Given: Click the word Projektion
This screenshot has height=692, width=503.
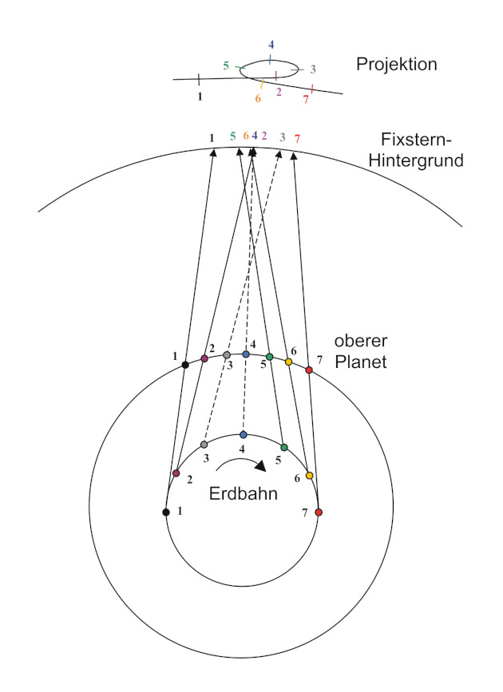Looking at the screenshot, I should point(397,64).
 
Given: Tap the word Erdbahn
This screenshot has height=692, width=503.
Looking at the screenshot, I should point(244,493).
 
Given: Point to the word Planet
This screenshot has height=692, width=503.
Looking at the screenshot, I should point(361,362).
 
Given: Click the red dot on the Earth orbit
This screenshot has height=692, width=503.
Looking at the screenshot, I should point(318,512).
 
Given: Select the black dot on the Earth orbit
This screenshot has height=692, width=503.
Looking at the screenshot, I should point(166,512).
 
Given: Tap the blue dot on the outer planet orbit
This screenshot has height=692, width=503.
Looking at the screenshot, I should point(246,354).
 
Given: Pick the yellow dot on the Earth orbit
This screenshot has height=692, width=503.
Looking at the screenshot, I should point(309,476).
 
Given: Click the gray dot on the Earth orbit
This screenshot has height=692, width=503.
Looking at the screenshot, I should point(204,444).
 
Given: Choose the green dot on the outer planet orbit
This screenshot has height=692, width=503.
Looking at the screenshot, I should point(270,356).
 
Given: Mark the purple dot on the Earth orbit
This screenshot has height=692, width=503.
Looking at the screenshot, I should point(176,473).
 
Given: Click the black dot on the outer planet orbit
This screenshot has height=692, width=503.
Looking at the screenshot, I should point(185,365).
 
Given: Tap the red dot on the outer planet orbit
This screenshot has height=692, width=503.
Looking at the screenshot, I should point(309,370).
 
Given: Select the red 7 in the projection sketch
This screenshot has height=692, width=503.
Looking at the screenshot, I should point(306,99).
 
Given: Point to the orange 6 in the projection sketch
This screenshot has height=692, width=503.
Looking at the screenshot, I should point(258,98).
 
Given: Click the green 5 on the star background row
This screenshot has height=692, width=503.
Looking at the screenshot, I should point(232,136).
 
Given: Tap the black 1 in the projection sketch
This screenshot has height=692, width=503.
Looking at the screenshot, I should point(200,96).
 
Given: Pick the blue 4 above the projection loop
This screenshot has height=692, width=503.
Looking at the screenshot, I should point(271,45).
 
